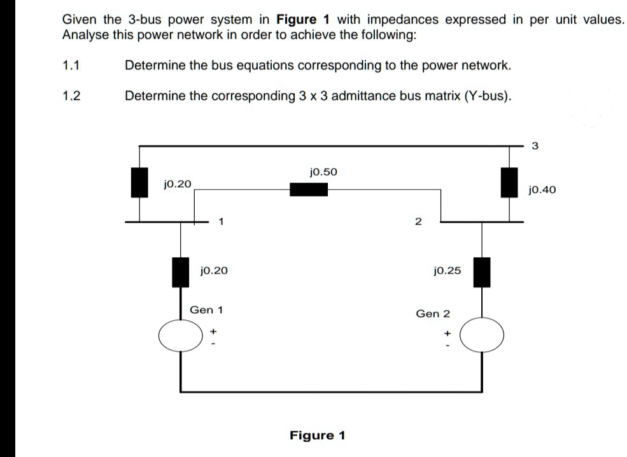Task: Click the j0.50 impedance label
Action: (323, 172)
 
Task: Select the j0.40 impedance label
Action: (542, 190)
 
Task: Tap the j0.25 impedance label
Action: (446, 271)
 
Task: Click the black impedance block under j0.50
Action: (309, 189)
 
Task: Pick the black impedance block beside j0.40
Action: (508, 183)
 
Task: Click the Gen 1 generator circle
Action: (181, 336)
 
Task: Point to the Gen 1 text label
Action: (206, 310)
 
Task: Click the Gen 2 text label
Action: (432, 314)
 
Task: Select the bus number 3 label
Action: (534, 146)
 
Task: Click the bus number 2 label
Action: (418, 222)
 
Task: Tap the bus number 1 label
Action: (220, 222)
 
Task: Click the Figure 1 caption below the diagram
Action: (317, 435)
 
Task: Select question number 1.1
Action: (71, 66)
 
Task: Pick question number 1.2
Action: (71, 96)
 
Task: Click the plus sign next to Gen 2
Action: (447, 333)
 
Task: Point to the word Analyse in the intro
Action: (85, 35)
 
